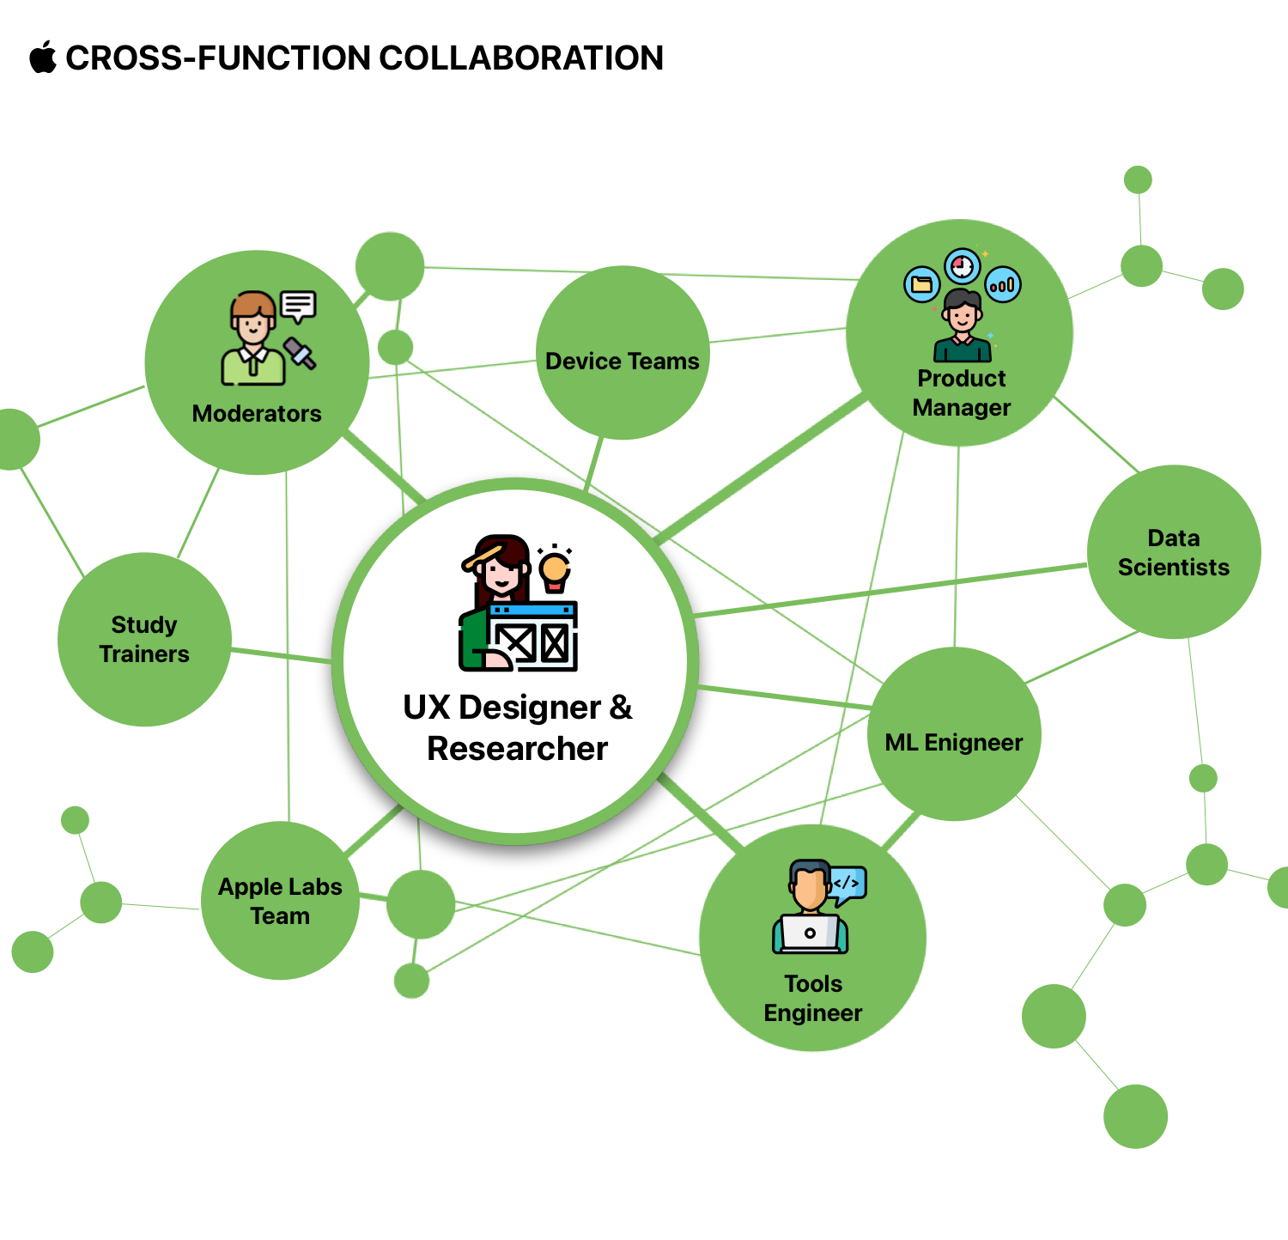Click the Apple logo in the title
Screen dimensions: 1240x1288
point(42,58)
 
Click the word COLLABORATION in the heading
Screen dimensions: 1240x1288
point(521,58)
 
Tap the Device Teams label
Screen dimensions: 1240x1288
point(622,362)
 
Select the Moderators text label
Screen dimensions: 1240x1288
point(257,414)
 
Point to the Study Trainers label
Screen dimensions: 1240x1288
point(144,640)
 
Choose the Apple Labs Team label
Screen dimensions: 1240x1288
point(280,902)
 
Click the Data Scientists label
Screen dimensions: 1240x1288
point(1173,553)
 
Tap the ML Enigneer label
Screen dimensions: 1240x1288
point(954,743)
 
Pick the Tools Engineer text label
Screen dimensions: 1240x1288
point(812,999)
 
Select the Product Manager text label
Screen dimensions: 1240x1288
point(962,393)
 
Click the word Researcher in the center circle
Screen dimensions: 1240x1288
point(517,749)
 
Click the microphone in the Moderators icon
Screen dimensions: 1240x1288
point(300,353)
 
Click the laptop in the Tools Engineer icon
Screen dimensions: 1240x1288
point(810,933)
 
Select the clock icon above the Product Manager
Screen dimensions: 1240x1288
point(963,265)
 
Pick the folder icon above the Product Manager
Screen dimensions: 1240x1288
point(921,284)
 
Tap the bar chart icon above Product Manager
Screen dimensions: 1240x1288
point(1003,284)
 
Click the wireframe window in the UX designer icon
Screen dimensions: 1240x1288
point(533,636)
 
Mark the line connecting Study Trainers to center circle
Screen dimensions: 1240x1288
point(281,656)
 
